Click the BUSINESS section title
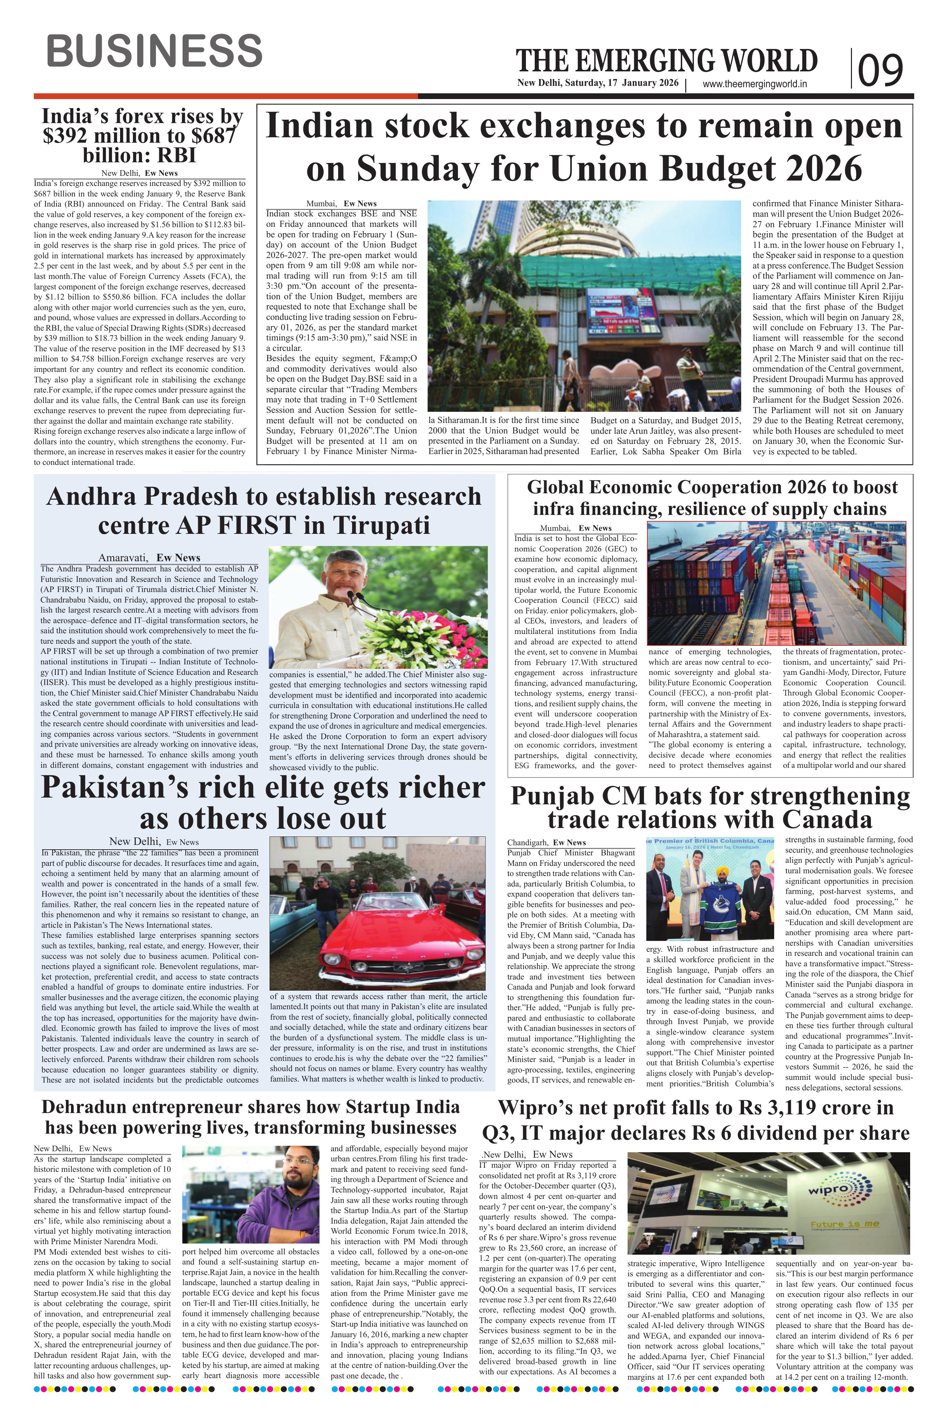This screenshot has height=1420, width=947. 154,51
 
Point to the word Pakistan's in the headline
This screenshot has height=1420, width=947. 109,787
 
